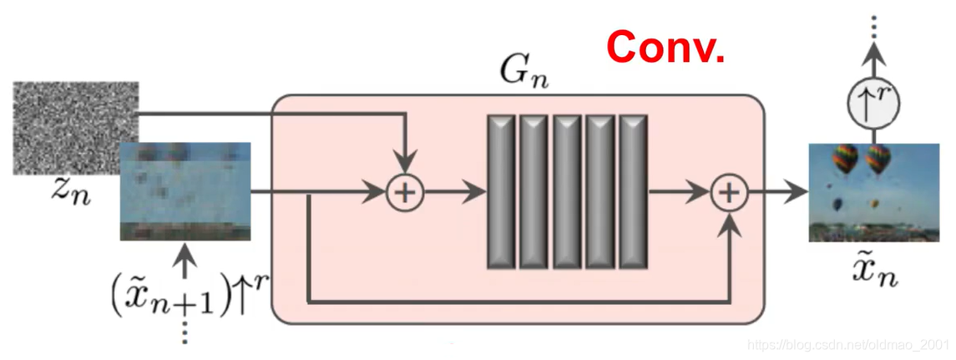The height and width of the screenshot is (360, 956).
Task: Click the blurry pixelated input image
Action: (x=185, y=191)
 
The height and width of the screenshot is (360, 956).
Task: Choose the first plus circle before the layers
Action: (x=404, y=193)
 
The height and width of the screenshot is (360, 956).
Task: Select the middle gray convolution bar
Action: (x=568, y=192)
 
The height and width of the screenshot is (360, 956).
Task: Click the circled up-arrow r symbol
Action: (x=873, y=105)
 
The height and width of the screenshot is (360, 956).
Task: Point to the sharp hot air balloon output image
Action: (x=857, y=192)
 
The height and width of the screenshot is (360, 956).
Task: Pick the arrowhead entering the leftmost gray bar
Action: (x=477, y=193)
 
